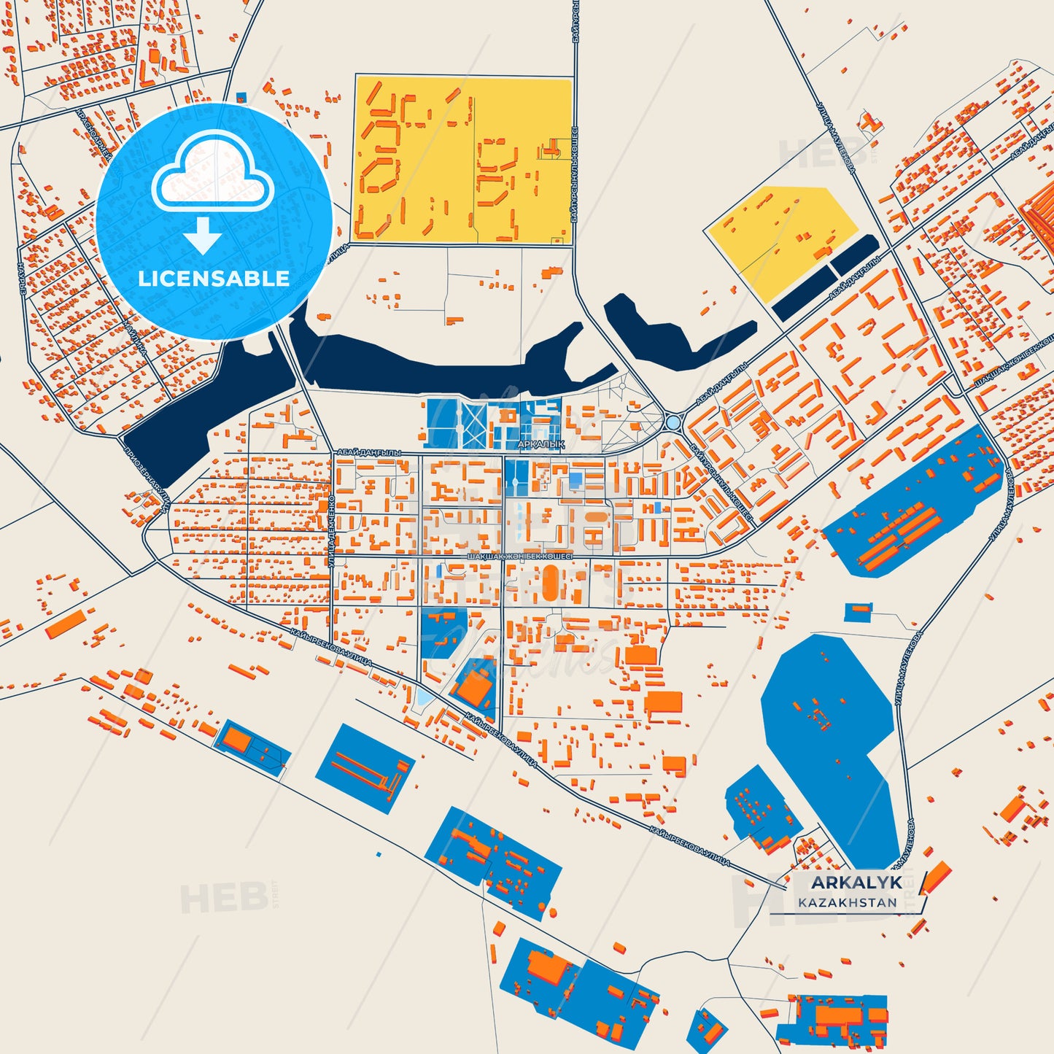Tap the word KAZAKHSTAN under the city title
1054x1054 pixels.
pos(847,902)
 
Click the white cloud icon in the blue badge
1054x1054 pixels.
pos(212,175)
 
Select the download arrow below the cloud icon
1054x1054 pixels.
pos(203,235)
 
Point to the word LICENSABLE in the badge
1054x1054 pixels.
pos(214,279)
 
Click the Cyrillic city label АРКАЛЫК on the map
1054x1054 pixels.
pos(540,443)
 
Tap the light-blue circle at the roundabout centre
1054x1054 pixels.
pos(673,422)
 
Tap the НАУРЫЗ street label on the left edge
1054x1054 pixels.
pos(23,277)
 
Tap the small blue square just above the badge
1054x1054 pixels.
pos(241,97)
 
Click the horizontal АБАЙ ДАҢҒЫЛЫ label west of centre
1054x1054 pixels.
pos(369,453)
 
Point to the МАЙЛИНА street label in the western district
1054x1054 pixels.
pos(136,339)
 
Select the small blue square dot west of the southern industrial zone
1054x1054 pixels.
pos(378,854)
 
